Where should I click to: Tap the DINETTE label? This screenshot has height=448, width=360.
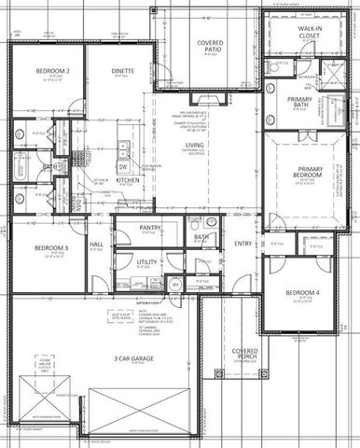pyautogui.click(x=123, y=71)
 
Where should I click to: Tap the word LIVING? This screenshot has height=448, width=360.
pyautogui.click(x=194, y=146)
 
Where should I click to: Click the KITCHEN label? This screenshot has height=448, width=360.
pyautogui.click(x=128, y=179)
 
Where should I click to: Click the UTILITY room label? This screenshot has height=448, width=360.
pyautogui.click(x=146, y=263)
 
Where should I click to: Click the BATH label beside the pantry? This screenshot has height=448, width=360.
pyautogui.click(x=201, y=237)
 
